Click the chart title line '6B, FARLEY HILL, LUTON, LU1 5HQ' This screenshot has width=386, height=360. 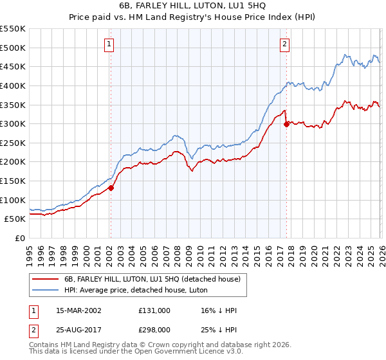point(193,6)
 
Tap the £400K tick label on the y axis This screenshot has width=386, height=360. point(13,85)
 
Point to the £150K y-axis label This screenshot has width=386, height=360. point(13,181)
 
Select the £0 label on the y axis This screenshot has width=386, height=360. point(19,238)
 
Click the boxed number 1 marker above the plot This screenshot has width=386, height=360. point(109,44)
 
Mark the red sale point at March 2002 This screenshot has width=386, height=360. point(111,188)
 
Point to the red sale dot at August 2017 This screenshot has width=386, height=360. point(287,125)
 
